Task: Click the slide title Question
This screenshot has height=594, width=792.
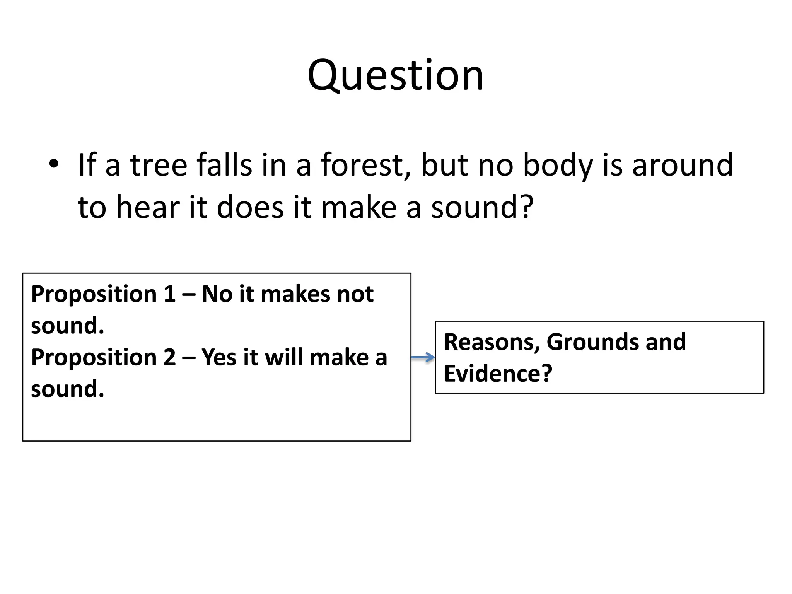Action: pos(396,75)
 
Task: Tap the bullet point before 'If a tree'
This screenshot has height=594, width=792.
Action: pos(54,164)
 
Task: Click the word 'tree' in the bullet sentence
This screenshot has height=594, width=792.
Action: pos(159,165)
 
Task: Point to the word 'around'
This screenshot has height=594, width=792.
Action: pos(683,165)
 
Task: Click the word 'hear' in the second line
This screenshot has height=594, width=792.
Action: pos(148,208)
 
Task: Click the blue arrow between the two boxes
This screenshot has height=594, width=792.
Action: pos(423,357)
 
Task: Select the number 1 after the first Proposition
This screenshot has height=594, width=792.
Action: pos(169,294)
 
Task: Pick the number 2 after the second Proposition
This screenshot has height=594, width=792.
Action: pos(169,357)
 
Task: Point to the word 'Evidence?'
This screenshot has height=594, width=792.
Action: pos(498,374)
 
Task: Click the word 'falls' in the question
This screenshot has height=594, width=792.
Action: pos(225,165)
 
